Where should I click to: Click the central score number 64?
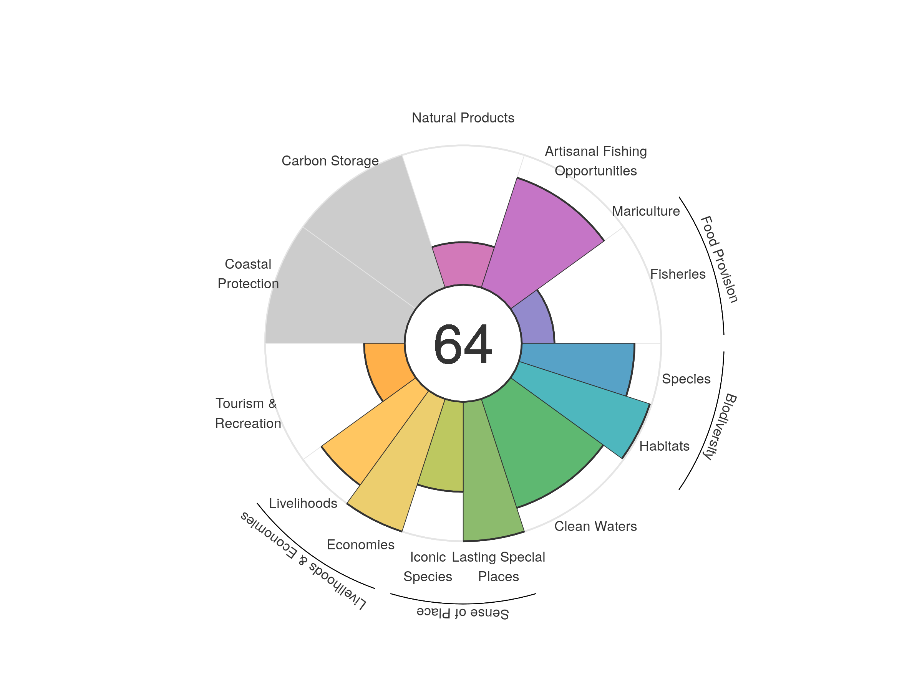tap(463, 344)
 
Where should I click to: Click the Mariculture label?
tap(646, 211)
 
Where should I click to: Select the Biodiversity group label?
tap(720, 426)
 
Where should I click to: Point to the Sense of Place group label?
tap(463, 613)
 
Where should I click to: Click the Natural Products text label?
tap(463, 118)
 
